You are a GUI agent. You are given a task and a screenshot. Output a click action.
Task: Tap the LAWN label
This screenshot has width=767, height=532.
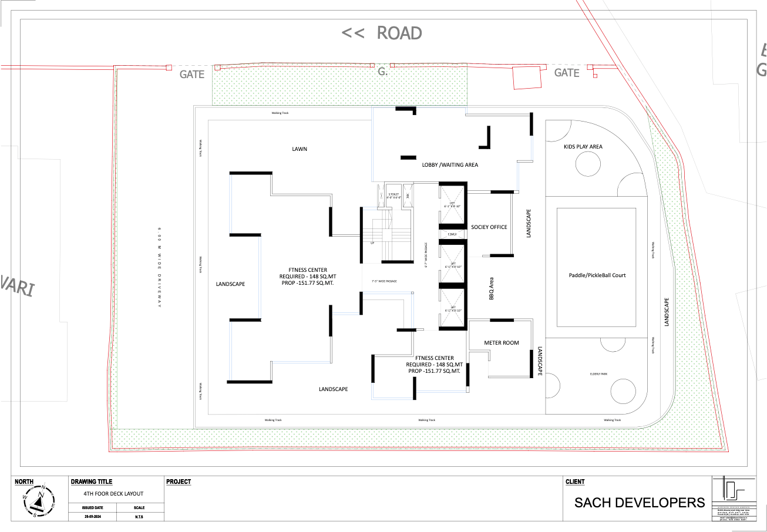[x=300, y=149]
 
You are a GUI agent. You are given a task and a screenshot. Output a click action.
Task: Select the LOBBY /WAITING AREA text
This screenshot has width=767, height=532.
[x=450, y=165]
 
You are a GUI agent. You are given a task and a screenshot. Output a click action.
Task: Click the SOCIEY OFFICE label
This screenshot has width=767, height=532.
[x=489, y=227]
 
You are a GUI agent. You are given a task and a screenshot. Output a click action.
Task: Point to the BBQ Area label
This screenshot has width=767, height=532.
[x=492, y=289]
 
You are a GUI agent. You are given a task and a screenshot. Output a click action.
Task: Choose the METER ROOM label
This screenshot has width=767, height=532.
[x=501, y=343]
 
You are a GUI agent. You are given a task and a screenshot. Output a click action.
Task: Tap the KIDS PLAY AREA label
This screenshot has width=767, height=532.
[x=583, y=147]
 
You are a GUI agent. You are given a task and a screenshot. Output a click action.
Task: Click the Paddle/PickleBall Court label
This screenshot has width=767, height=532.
[x=597, y=275]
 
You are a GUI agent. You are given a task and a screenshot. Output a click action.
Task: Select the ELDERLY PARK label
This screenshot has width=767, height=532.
[x=598, y=374]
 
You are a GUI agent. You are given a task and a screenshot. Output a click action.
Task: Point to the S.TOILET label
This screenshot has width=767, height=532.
[x=393, y=194]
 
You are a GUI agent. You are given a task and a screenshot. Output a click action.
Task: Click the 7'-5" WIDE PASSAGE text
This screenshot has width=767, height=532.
[x=384, y=282]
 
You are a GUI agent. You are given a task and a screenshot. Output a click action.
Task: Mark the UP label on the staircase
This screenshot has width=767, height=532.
[x=372, y=242]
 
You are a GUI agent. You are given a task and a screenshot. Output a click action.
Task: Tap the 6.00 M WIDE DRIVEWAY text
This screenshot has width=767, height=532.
[x=159, y=267]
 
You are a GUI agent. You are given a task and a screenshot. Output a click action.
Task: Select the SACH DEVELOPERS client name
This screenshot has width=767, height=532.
[x=639, y=503]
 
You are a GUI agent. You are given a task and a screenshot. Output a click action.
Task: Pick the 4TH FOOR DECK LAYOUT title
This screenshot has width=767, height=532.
[x=113, y=494]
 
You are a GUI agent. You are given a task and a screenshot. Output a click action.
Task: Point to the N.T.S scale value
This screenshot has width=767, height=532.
[x=139, y=517]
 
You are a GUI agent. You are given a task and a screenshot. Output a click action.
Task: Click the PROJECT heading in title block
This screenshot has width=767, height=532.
[x=179, y=482]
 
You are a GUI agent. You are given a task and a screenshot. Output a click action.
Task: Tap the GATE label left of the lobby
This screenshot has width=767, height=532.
[x=192, y=74]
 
